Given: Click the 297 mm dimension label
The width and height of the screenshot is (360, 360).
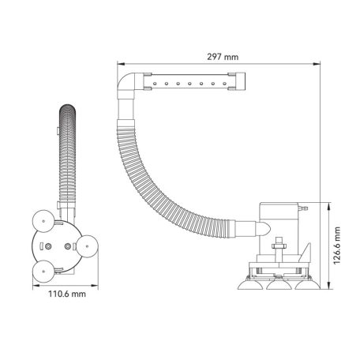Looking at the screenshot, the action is pyautogui.click(x=223, y=57).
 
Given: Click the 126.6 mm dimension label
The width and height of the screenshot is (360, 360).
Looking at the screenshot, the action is pyautogui.click(x=337, y=246).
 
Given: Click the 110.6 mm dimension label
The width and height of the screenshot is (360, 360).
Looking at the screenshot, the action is pyautogui.click(x=67, y=294).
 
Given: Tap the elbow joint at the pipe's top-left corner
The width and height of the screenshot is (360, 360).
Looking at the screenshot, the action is pyautogui.click(x=126, y=81).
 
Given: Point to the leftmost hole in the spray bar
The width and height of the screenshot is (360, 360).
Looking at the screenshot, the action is pyautogui.click(x=155, y=84).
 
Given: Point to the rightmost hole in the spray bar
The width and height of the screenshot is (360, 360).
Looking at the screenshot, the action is pyautogui.click(x=224, y=84).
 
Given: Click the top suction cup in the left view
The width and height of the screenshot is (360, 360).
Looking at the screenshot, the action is pyautogui.click(x=43, y=221).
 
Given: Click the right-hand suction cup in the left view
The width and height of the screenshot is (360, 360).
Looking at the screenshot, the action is pyautogui.click(x=88, y=246).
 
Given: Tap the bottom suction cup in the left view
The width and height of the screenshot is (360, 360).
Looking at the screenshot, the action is pyautogui.click(x=43, y=272).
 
